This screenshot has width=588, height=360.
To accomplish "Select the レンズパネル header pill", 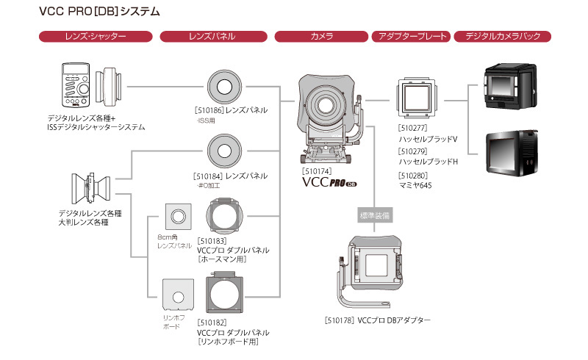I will (x=214, y=36).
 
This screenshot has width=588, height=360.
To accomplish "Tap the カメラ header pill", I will (x=322, y=36).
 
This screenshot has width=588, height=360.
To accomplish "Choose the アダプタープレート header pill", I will (x=411, y=36).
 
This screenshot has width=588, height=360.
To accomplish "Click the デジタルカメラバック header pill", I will (x=503, y=36).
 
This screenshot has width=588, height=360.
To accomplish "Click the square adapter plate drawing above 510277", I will (x=417, y=98).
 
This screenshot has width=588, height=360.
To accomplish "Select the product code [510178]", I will (x=339, y=320).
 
